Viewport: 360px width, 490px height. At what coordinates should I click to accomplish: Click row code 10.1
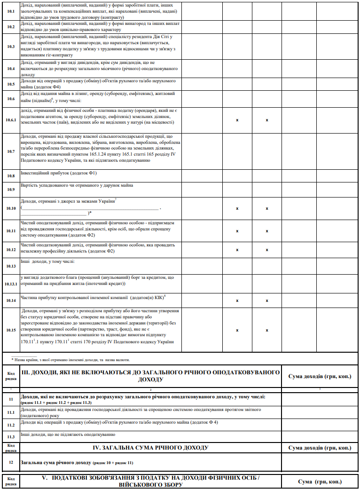[x=11, y=10]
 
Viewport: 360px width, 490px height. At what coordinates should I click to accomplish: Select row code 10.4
[x=11, y=68]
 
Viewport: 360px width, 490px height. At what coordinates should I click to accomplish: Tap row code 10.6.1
[x=11, y=120]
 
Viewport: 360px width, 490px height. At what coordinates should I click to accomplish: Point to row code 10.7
[x=11, y=151]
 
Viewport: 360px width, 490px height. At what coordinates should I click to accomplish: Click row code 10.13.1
[x=11, y=284]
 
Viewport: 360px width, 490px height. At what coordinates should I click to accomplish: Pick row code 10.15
[x=11, y=330]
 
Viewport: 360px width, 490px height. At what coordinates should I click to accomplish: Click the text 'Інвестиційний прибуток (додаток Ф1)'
[x=59, y=173]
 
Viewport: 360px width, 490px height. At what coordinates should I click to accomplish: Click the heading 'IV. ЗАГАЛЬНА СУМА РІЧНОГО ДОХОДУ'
[x=150, y=447]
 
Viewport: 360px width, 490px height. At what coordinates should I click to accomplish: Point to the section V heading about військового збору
[x=150, y=481]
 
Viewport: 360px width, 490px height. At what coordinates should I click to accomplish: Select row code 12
[x=11, y=462]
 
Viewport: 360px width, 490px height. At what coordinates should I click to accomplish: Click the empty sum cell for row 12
[x=320, y=462]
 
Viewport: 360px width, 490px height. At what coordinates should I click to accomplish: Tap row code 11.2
[x=11, y=425]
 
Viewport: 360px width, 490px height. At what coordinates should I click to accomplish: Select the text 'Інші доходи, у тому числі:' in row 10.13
[x=48, y=261]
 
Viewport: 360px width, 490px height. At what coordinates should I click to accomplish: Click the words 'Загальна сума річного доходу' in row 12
[x=56, y=463]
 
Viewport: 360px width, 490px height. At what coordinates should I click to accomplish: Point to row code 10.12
[x=11, y=249]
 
